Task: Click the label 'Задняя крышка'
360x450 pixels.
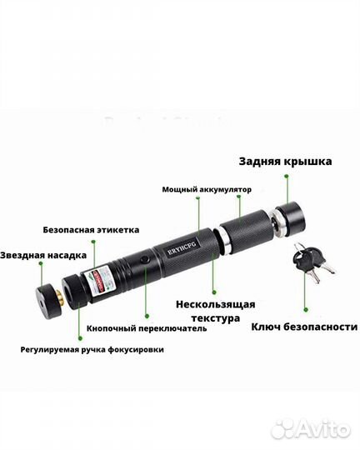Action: pos(285,162)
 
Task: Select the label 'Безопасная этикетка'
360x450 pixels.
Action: pos(91,229)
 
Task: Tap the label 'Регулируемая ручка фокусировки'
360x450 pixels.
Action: pos(92,350)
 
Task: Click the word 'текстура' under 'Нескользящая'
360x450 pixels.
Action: pos(215,318)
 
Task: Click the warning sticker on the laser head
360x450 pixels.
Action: pos(102,277)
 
